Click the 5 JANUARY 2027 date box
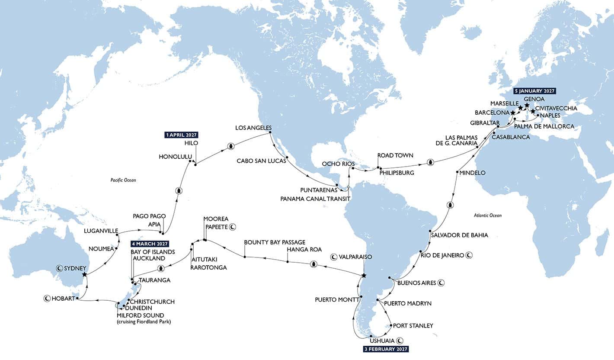coord(534,91)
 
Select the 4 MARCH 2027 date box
coord(150,244)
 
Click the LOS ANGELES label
coord(253,128)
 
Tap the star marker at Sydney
coord(84,274)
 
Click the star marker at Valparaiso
coord(364,276)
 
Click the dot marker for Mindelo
coord(457,173)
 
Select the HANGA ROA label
coord(304,250)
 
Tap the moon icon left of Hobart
coord(46,298)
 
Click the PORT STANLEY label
coord(413,326)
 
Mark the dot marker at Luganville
coord(118,234)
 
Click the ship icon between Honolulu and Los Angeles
coord(231,146)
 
